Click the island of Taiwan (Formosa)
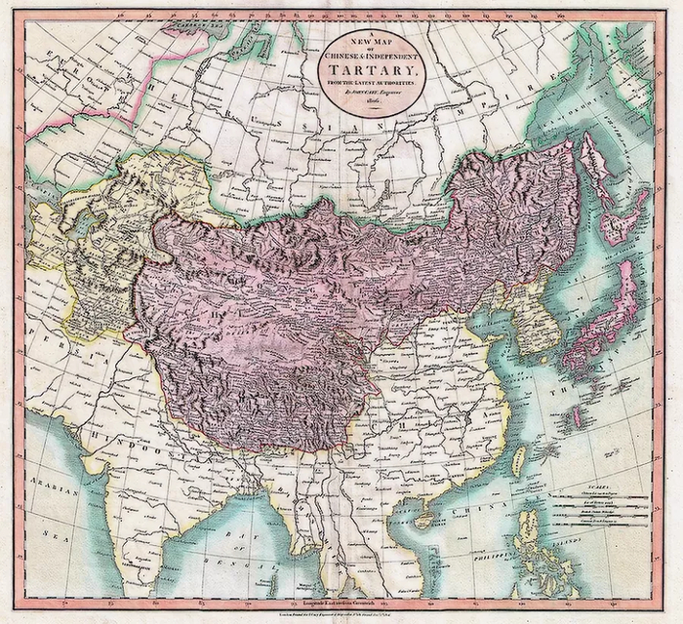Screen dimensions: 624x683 pyautogui.click(x=516, y=457)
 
